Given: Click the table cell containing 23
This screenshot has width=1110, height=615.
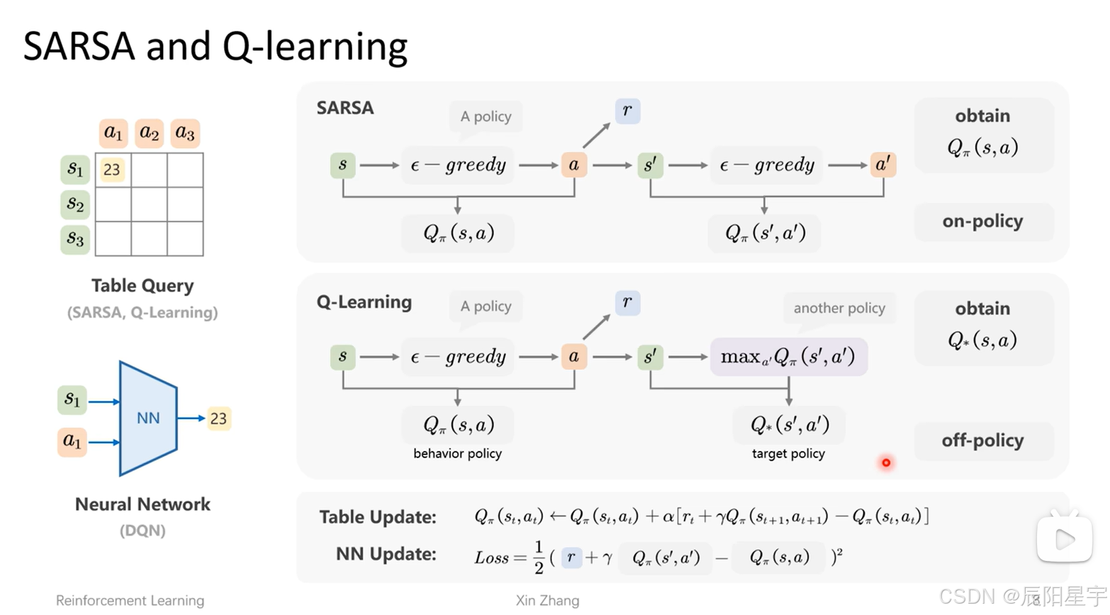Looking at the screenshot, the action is pos(112,170).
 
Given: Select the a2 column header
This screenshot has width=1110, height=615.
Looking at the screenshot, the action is pos(149,133).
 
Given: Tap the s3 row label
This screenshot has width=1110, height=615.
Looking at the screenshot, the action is pos(75,239).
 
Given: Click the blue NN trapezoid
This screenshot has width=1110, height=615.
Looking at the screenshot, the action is pos(149,418).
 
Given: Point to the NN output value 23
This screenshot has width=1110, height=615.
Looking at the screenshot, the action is pos(218,419).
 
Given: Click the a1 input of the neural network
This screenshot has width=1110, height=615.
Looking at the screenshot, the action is pos(72,441).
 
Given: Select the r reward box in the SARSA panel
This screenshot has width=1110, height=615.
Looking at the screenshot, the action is pos(627,111).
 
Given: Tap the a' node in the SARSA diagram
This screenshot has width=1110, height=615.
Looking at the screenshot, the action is pos(883,165).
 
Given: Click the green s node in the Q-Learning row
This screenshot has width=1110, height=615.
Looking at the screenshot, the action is pos(343,357).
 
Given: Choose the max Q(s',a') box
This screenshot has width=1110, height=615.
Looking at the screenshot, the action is pos(788,357).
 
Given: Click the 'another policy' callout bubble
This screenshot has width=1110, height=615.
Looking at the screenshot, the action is pos(839,308).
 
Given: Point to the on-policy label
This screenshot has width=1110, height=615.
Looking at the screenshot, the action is pos(982,221).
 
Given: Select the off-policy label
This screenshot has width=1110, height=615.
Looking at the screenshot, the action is pos(982,441).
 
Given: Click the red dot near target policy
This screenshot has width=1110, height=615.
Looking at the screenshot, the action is pos(886,463).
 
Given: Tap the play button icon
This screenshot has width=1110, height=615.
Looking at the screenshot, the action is pos(1064,539).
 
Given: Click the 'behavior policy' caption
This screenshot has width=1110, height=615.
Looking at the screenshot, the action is pos(457,453).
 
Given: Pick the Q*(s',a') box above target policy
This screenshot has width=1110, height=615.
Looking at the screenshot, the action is pos(789,425).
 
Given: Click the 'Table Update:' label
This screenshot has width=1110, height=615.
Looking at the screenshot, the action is pos(378,517).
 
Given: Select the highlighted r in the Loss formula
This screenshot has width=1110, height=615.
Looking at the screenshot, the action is pos(571,557).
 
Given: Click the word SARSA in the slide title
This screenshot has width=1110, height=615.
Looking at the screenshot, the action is pos(79,47).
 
